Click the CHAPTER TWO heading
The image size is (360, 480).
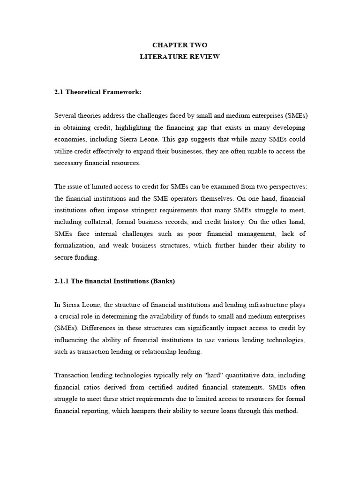[x=180, y=45]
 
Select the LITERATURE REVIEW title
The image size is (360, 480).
[x=180, y=57]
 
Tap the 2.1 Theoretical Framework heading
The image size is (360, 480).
[x=98, y=92]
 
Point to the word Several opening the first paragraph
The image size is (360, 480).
[x=65, y=116]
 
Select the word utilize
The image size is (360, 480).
[x=64, y=151]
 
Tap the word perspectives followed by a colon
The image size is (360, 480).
[x=286, y=186]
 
